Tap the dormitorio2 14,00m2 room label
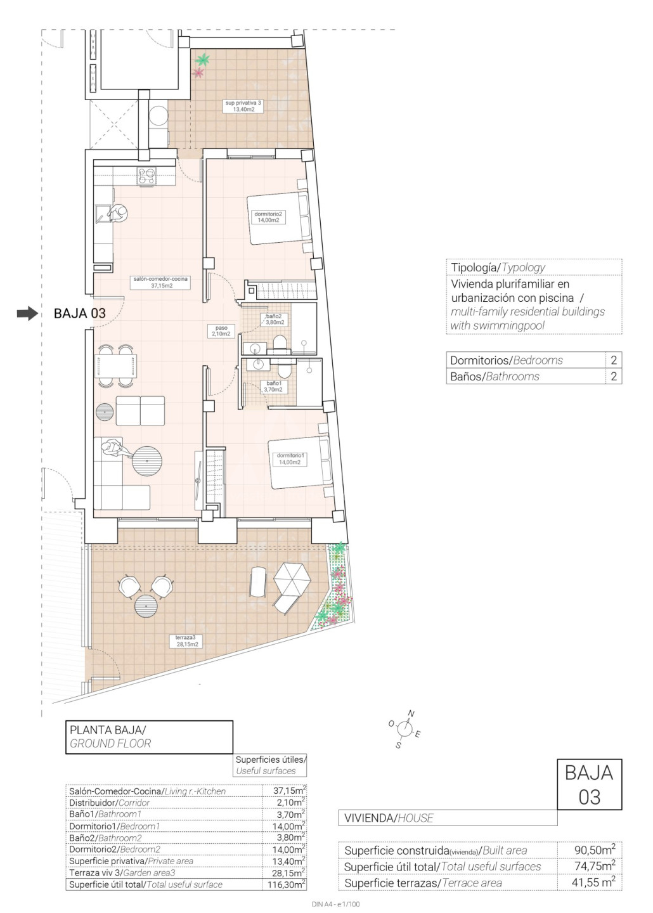click(268, 217)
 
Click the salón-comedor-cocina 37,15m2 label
click(160, 282)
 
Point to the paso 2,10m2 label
click(221, 330)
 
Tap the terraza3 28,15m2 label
click(187, 641)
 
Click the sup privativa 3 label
click(243, 106)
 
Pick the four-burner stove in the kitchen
click(146, 176)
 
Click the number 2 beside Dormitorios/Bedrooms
click(614, 360)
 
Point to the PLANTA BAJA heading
click(108, 730)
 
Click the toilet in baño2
click(279, 344)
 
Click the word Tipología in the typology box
click(474, 268)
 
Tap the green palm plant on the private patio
click(202, 60)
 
